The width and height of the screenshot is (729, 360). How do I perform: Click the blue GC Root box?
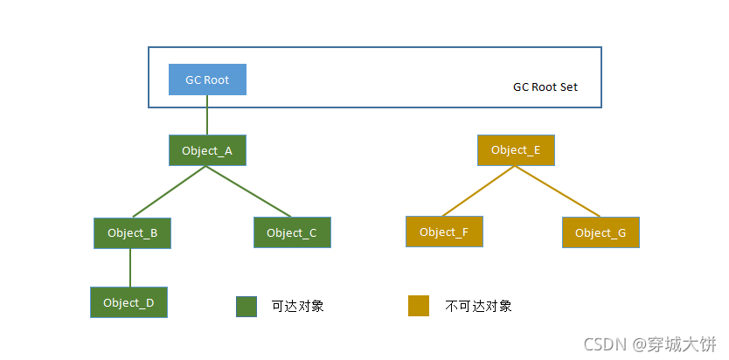[x=207, y=80]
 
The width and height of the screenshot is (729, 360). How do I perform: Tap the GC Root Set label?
[x=545, y=87]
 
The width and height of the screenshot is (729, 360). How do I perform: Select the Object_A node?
[x=207, y=150]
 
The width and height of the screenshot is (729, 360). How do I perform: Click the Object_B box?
[x=132, y=232]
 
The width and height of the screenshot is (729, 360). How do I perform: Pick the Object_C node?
[x=292, y=232]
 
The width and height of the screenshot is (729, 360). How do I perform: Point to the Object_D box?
[x=128, y=302]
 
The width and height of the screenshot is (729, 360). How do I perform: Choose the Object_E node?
[x=516, y=150]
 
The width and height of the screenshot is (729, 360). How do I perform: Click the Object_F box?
[x=444, y=232]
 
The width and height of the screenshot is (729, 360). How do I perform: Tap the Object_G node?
[x=601, y=232]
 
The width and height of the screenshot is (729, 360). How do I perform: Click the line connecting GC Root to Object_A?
[x=207, y=114]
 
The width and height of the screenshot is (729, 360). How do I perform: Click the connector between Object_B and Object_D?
[x=130, y=267]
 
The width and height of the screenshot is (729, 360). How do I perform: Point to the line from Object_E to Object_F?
[x=479, y=190]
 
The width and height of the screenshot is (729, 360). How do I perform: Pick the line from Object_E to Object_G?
[x=558, y=190]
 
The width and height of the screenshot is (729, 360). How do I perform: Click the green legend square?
[x=246, y=306]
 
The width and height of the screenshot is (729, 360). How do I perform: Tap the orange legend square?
[x=419, y=306]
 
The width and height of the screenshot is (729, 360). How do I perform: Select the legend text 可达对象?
[x=298, y=306]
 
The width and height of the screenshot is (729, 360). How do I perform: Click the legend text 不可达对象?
[x=478, y=306]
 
